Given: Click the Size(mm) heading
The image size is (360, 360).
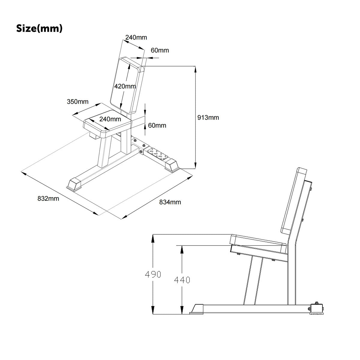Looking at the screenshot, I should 39,28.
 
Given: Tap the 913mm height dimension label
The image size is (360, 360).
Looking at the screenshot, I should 208,118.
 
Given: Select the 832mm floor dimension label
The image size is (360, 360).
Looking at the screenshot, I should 48,198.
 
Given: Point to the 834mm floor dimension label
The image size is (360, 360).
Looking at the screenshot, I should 170,202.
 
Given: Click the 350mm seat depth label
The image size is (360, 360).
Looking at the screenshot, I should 77,102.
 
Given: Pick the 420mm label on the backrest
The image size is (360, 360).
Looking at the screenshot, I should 125,86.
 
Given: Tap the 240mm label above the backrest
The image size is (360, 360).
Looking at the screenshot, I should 136,37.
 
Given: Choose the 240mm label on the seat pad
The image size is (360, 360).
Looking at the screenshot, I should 110,119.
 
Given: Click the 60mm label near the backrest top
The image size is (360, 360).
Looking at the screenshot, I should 160,50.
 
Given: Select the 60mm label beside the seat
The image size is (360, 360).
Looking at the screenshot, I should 157,125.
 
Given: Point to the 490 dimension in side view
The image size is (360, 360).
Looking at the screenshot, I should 153,274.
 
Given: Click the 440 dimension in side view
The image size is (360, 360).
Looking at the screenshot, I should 182,280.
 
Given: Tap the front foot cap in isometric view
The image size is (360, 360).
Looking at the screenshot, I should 75,184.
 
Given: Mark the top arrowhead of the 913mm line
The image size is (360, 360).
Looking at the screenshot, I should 196,69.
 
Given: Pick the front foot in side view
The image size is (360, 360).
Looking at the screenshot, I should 197,309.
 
